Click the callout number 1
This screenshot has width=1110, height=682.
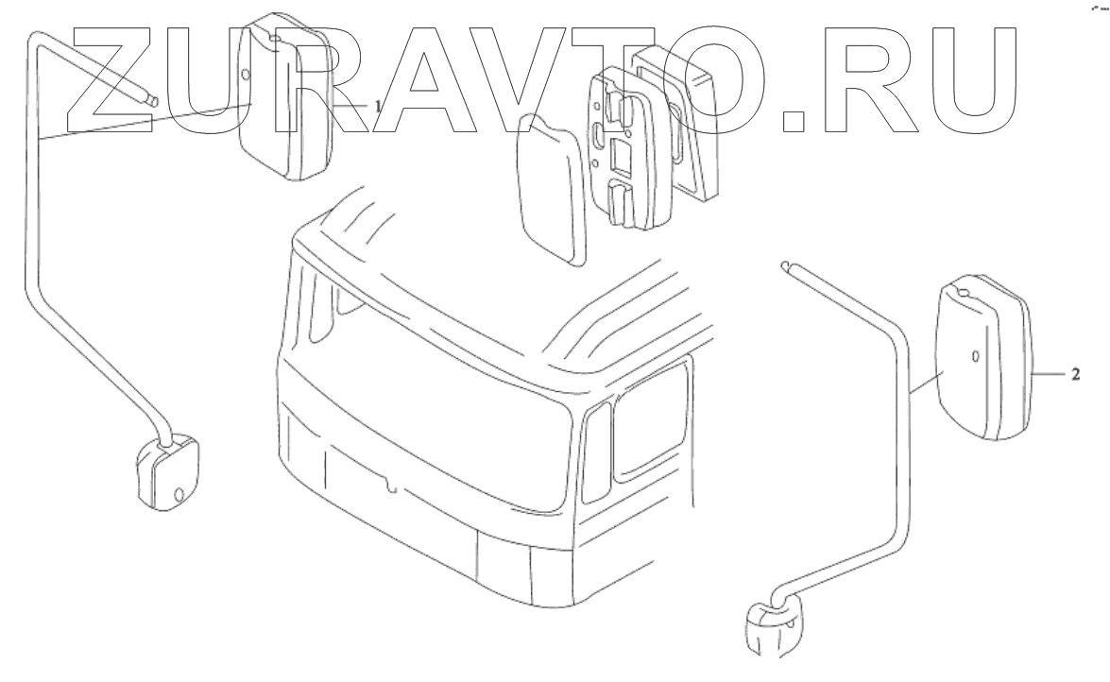377,106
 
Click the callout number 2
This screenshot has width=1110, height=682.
1075,374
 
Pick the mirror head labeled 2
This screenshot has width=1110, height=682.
985,357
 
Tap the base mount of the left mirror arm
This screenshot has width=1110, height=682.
167,471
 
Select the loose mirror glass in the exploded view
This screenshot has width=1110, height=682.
553,190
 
